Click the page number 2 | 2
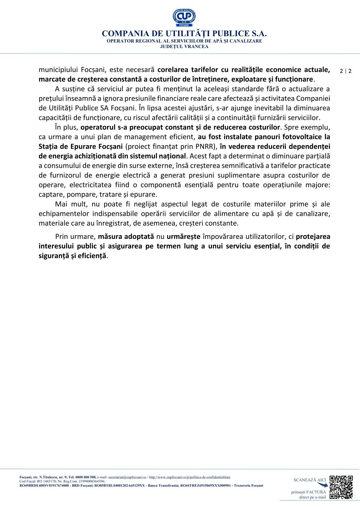tap(345, 71)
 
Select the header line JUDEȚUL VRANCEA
tap(184, 47)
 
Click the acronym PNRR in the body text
tap(204, 146)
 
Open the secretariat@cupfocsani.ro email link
tap(127, 477)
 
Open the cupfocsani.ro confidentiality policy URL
tap(190, 477)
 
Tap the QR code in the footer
tap(341, 487)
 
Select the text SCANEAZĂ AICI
tap(309, 480)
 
